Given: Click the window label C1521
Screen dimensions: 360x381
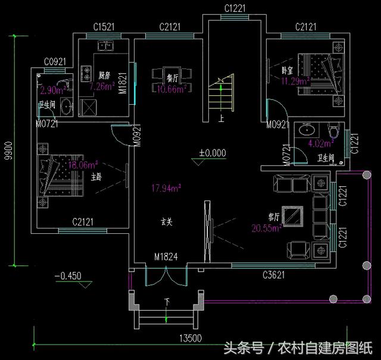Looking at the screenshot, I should point(104,27).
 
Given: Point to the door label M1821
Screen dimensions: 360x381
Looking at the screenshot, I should point(122,84).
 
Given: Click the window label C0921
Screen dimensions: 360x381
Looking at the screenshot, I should point(55,62).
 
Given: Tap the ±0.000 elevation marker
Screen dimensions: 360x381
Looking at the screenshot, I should point(212,153).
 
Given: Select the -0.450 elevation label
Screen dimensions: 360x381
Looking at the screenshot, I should point(67,276).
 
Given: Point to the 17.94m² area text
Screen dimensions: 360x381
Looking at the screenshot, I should point(167,189).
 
